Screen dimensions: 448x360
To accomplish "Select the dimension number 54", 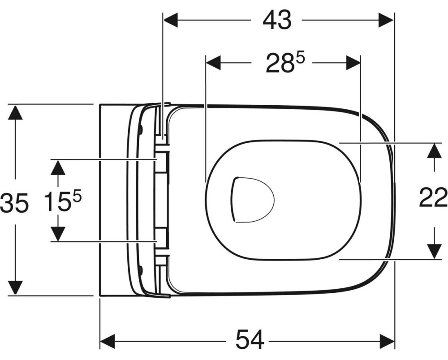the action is pyautogui.click(x=250, y=340).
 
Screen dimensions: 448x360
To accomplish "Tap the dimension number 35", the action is pyautogui.click(x=14, y=203).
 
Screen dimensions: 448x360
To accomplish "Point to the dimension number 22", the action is pyautogui.click(x=433, y=197).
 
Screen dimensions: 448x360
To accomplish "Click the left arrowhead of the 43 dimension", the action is pyautogui.click(x=171, y=20).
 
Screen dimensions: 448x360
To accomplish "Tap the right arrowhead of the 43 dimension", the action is pyautogui.click(x=386, y=20).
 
